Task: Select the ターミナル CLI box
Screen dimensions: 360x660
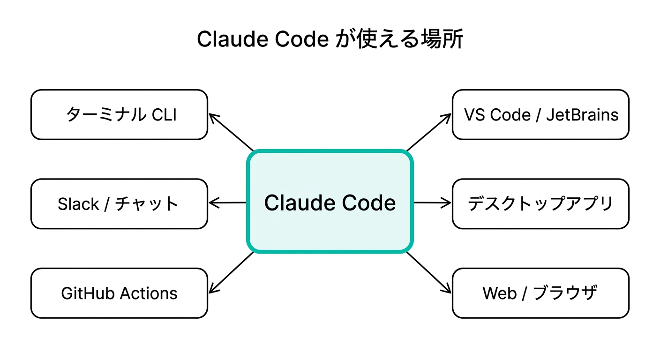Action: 119,115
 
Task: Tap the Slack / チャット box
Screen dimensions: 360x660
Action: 119,204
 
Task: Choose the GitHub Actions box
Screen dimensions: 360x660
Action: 119,293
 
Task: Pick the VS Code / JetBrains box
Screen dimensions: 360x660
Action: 540,115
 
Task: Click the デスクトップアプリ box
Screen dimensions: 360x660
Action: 540,204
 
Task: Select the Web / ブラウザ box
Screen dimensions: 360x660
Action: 540,293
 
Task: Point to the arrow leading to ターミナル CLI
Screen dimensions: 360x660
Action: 231,132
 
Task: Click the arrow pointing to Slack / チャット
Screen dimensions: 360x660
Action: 227,203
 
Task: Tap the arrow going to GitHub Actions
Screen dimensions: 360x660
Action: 231,273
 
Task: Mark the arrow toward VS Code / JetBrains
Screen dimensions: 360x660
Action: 428,132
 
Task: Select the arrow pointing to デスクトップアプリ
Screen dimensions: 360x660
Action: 432,203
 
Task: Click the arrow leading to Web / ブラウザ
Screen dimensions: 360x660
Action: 428,273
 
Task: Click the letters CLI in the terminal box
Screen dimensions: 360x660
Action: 164,115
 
